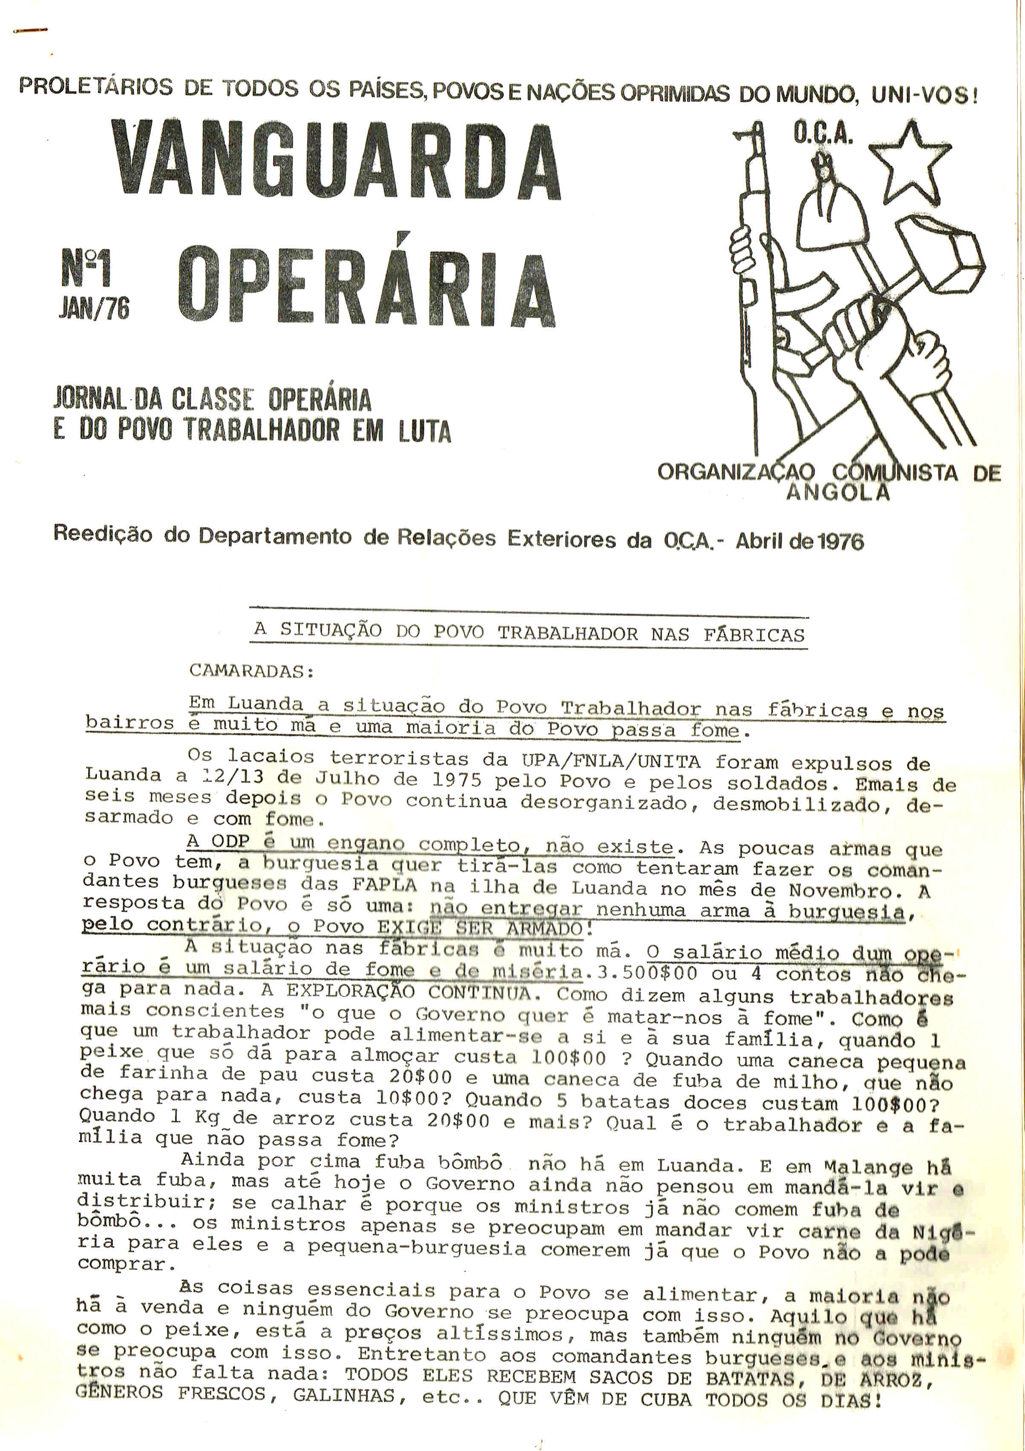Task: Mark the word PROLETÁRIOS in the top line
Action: pos(95,86)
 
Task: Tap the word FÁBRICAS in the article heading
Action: pos(754,634)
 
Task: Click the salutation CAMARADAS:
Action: pos(251,671)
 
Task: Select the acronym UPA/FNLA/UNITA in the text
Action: pos(610,762)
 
